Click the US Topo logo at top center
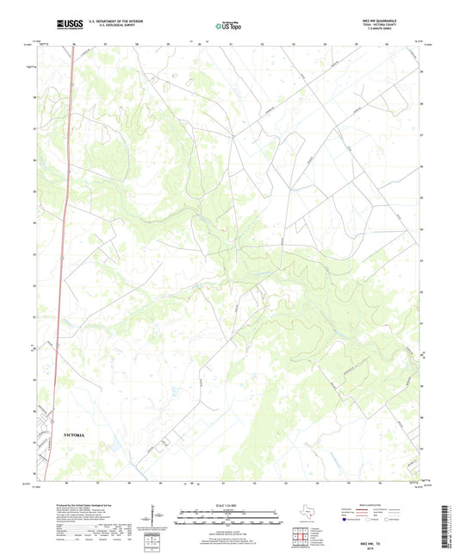pos(227,26)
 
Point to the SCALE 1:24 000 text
pos(229,505)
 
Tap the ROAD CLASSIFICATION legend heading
pos(387,504)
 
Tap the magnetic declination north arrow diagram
pos(155,517)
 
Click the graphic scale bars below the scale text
pos(229,519)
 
